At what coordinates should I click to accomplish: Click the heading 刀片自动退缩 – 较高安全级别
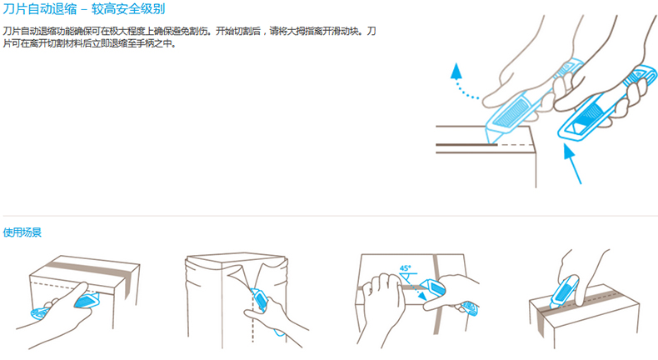tap(84, 9)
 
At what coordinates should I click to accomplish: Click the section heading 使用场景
tap(22, 232)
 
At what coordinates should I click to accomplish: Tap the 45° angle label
tap(406, 268)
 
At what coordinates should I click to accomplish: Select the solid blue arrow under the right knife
tap(572, 164)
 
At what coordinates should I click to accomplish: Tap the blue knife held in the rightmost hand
tap(606, 104)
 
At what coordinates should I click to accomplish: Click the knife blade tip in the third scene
tap(420, 285)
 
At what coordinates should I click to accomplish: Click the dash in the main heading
tap(84, 9)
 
